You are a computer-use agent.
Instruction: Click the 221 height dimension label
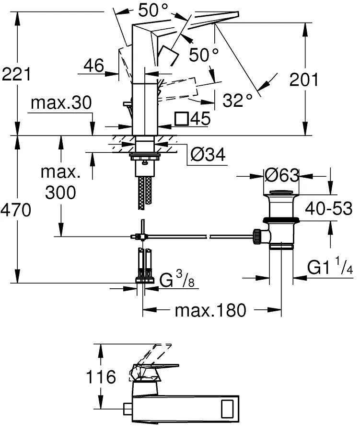(16, 75)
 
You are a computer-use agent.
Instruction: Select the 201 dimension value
(303, 80)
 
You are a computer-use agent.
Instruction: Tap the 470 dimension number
(16, 210)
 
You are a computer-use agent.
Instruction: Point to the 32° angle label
(237, 101)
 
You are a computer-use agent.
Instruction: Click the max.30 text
(61, 102)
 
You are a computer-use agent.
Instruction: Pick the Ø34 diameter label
(208, 154)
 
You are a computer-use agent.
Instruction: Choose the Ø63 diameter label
(281, 175)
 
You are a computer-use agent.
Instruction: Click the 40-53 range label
(329, 208)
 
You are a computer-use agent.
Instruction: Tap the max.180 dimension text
(210, 310)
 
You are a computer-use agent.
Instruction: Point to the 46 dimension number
(94, 66)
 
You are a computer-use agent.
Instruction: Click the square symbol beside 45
(181, 119)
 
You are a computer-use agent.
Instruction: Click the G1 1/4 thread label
(330, 266)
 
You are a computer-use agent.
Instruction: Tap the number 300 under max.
(60, 193)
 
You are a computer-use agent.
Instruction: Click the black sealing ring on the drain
(281, 220)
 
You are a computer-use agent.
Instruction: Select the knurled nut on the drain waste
(257, 237)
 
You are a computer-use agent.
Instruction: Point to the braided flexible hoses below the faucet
(144, 193)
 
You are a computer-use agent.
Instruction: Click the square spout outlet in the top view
(227, 407)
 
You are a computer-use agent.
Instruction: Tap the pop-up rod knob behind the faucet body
(127, 103)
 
